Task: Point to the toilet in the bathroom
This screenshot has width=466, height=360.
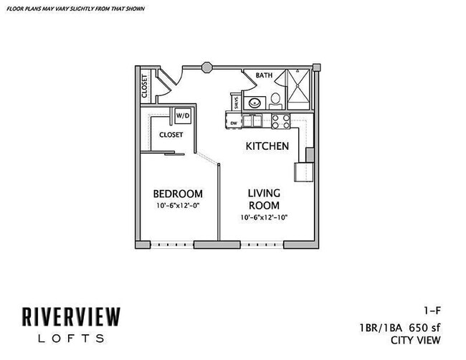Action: [x=276, y=100]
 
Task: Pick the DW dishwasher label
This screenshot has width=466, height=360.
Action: [x=234, y=123]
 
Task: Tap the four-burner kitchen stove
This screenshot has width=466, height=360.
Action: [x=279, y=121]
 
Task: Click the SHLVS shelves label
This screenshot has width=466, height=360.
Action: [x=235, y=103]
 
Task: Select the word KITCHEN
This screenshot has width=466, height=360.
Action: [x=267, y=146]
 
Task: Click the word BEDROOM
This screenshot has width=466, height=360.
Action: [x=178, y=194]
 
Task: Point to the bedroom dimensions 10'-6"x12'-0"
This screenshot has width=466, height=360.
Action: [x=178, y=207]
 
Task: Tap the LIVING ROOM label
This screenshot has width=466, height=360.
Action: [x=264, y=199]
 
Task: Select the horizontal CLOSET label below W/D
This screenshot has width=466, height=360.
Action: [x=171, y=134]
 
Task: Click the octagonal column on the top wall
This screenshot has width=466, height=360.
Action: [x=206, y=67]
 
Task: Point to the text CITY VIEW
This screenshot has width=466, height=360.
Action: [x=414, y=340]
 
